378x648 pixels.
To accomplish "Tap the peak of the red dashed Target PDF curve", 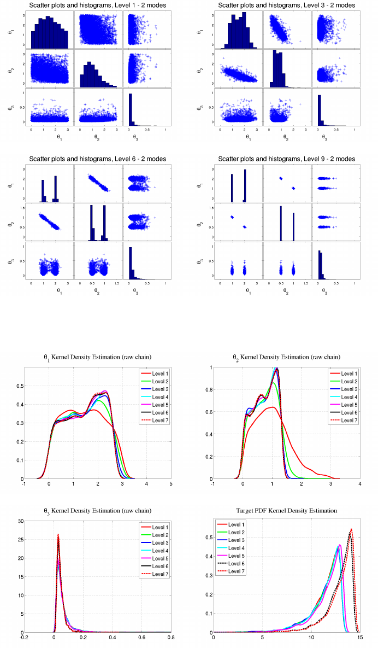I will [351, 529].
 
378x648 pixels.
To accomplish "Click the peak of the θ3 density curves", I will [58, 535].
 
